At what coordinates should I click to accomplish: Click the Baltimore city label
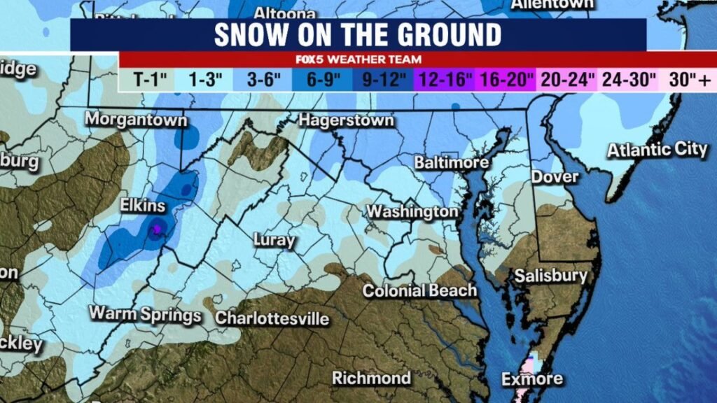coord(451,163)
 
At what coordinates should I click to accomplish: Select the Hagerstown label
coord(346,121)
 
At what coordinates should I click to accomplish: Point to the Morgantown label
coord(137,120)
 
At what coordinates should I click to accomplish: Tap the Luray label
coord(274,241)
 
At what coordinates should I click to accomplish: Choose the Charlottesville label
coord(272,318)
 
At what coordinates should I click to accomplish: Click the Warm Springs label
coord(145,314)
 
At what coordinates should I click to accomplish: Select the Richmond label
coord(371,379)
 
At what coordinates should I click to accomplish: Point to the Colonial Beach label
coord(419,290)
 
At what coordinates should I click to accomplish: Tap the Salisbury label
coord(551,276)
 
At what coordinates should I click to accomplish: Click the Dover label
coord(555,176)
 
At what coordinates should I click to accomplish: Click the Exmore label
coord(532,379)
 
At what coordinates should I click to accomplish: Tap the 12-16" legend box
coord(446,80)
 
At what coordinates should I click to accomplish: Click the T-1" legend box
coord(148,80)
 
